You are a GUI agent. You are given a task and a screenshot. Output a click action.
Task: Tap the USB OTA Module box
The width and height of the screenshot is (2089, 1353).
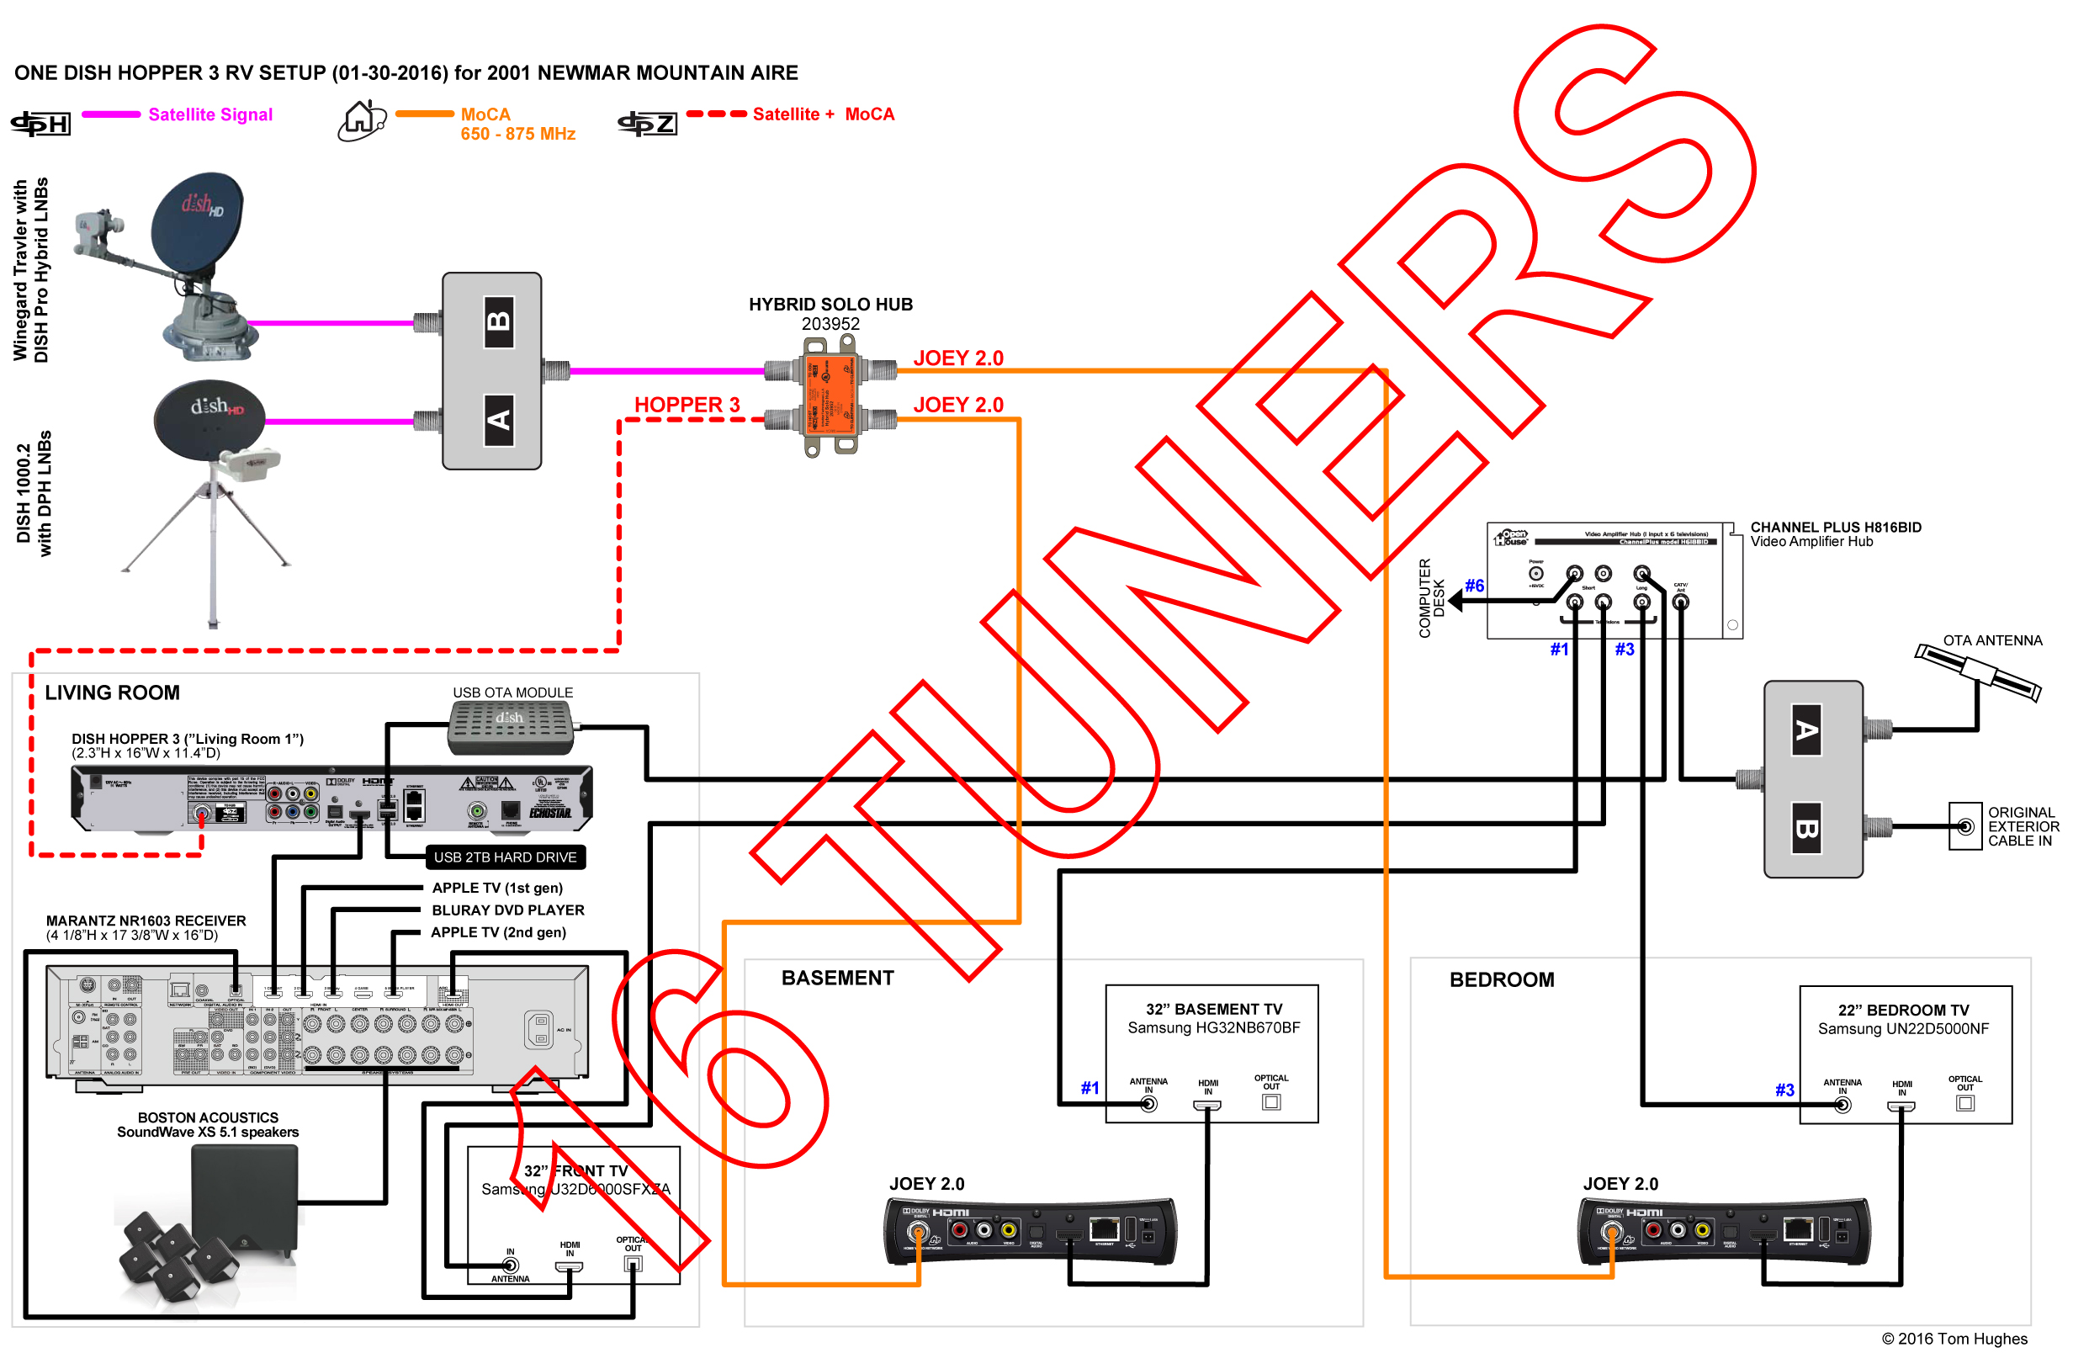[x=511, y=727]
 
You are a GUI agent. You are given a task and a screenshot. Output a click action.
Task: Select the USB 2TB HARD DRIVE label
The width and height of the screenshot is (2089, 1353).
[x=505, y=857]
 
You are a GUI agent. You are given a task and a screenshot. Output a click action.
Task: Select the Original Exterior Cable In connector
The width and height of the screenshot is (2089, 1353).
[x=1965, y=826]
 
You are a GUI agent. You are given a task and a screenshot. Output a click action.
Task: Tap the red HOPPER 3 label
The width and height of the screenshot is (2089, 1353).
[x=687, y=405]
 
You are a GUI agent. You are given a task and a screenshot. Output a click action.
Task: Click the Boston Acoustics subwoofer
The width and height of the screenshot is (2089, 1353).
[x=246, y=1198]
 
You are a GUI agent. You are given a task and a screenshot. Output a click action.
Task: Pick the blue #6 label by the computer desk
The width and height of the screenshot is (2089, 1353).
[x=1475, y=586]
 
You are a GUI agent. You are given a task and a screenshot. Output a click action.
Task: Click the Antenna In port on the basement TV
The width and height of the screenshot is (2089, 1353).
[x=1148, y=1104]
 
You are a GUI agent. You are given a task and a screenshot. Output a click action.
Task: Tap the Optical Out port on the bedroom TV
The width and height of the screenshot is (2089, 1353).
[x=1965, y=1103]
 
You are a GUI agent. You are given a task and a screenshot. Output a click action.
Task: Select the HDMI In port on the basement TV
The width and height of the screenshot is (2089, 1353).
[x=1208, y=1105]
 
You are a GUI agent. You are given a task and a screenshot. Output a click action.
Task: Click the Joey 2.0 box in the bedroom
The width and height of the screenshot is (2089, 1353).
[x=1724, y=1232]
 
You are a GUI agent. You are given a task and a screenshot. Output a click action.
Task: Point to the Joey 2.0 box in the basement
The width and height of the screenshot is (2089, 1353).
[x=1031, y=1232]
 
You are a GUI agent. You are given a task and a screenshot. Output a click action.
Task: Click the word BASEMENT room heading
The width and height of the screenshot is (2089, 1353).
[x=837, y=978]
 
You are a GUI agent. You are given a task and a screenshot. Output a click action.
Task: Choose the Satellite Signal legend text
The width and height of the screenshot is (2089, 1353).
[x=210, y=114]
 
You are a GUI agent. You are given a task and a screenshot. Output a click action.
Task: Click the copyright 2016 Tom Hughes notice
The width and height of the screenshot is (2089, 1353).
[x=1954, y=1338]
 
